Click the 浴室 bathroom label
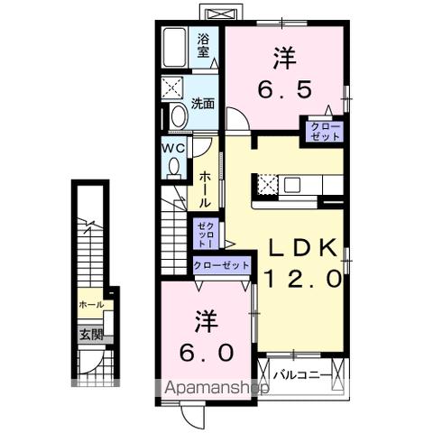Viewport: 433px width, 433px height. tap(205, 46)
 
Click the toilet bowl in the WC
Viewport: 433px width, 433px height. tap(173, 166)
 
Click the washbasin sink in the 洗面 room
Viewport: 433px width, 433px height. tap(177, 116)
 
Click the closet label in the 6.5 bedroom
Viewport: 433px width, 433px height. tap(325, 131)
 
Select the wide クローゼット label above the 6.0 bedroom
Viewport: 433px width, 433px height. tap(221, 265)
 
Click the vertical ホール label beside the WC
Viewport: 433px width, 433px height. tap(206, 189)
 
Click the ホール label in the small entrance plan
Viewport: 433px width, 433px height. tap(90, 305)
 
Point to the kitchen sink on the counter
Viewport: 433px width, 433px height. tap(292, 184)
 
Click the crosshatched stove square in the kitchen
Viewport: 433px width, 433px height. tap(267, 184)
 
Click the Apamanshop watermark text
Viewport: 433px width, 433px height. tap(216, 390)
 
